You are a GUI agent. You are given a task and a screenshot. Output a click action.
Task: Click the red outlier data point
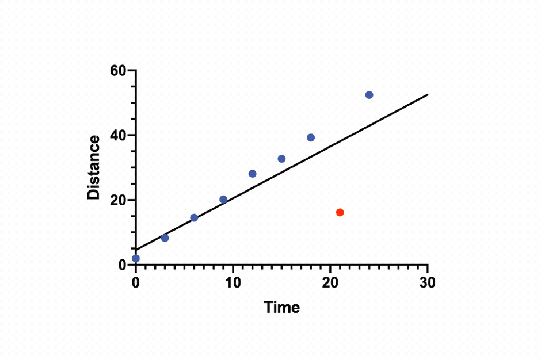pyautogui.click(x=340, y=212)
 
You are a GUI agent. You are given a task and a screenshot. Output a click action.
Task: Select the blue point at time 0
pyautogui.click(x=136, y=258)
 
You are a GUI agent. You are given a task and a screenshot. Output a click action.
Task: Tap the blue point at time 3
pyautogui.click(x=165, y=238)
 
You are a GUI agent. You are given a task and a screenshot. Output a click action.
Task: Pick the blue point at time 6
pyautogui.click(x=194, y=217)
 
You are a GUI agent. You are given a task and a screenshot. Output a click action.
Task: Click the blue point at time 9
pyautogui.click(x=223, y=200)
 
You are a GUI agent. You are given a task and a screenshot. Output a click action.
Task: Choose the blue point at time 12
pyautogui.click(x=252, y=174)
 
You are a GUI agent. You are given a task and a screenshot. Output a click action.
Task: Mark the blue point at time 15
pyautogui.click(x=281, y=159)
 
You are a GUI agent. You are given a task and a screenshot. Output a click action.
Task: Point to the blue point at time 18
pyautogui.click(x=311, y=137)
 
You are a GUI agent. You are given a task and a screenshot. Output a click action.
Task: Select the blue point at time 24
pyautogui.click(x=369, y=95)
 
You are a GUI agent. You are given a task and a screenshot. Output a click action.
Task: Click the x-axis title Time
pyautogui.click(x=282, y=307)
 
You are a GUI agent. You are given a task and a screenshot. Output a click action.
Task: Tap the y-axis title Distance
pyautogui.click(x=94, y=167)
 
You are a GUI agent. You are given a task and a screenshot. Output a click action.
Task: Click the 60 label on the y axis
pyautogui.click(x=118, y=71)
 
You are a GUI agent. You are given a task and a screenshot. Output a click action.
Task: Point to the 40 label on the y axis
pyautogui.click(x=118, y=136)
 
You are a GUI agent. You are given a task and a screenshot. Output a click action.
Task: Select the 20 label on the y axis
pyautogui.click(x=118, y=200)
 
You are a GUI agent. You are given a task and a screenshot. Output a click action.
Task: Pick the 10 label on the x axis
pyautogui.click(x=233, y=282)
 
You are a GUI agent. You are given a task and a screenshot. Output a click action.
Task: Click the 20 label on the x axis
pyautogui.click(x=330, y=282)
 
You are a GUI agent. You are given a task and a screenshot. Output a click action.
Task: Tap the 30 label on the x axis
pyautogui.click(x=428, y=282)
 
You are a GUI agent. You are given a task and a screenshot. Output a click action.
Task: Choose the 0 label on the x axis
pyautogui.click(x=136, y=282)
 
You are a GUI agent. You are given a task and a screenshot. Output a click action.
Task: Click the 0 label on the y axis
pyautogui.click(x=122, y=265)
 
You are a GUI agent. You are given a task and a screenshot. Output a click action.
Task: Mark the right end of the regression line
pyautogui.click(x=428, y=95)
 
